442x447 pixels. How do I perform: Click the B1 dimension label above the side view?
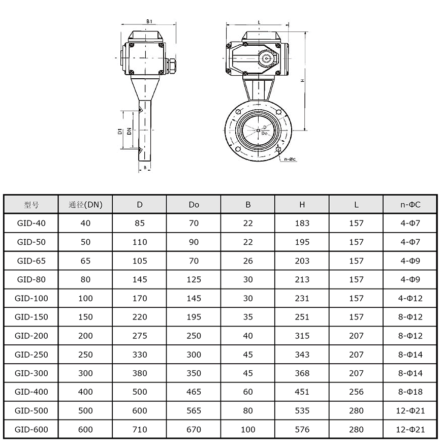point(149,21)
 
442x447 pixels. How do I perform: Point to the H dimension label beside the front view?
point(303,81)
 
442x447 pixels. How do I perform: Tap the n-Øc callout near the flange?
point(290,159)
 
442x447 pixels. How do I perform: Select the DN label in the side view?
point(129,131)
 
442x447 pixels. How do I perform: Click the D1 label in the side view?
point(120,132)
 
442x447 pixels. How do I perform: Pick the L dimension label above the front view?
point(259,22)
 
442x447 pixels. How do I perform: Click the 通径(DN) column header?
point(85,204)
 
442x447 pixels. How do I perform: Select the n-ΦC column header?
point(411,204)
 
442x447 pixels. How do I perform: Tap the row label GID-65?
point(31,261)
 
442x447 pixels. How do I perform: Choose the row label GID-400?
point(31,392)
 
